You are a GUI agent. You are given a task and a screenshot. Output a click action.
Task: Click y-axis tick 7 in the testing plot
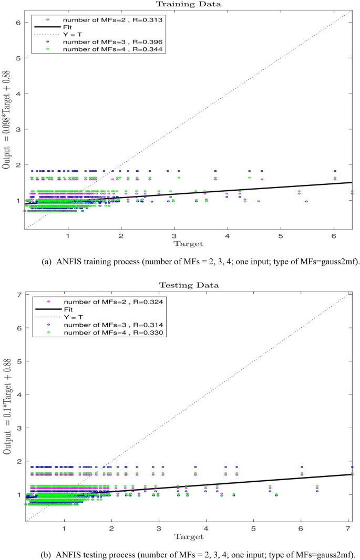pyautogui.click(x=19, y=294)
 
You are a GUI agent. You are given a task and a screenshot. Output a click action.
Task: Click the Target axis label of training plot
pyautogui.click(x=189, y=243)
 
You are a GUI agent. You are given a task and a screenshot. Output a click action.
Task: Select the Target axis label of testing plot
pyautogui.click(x=189, y=535)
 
